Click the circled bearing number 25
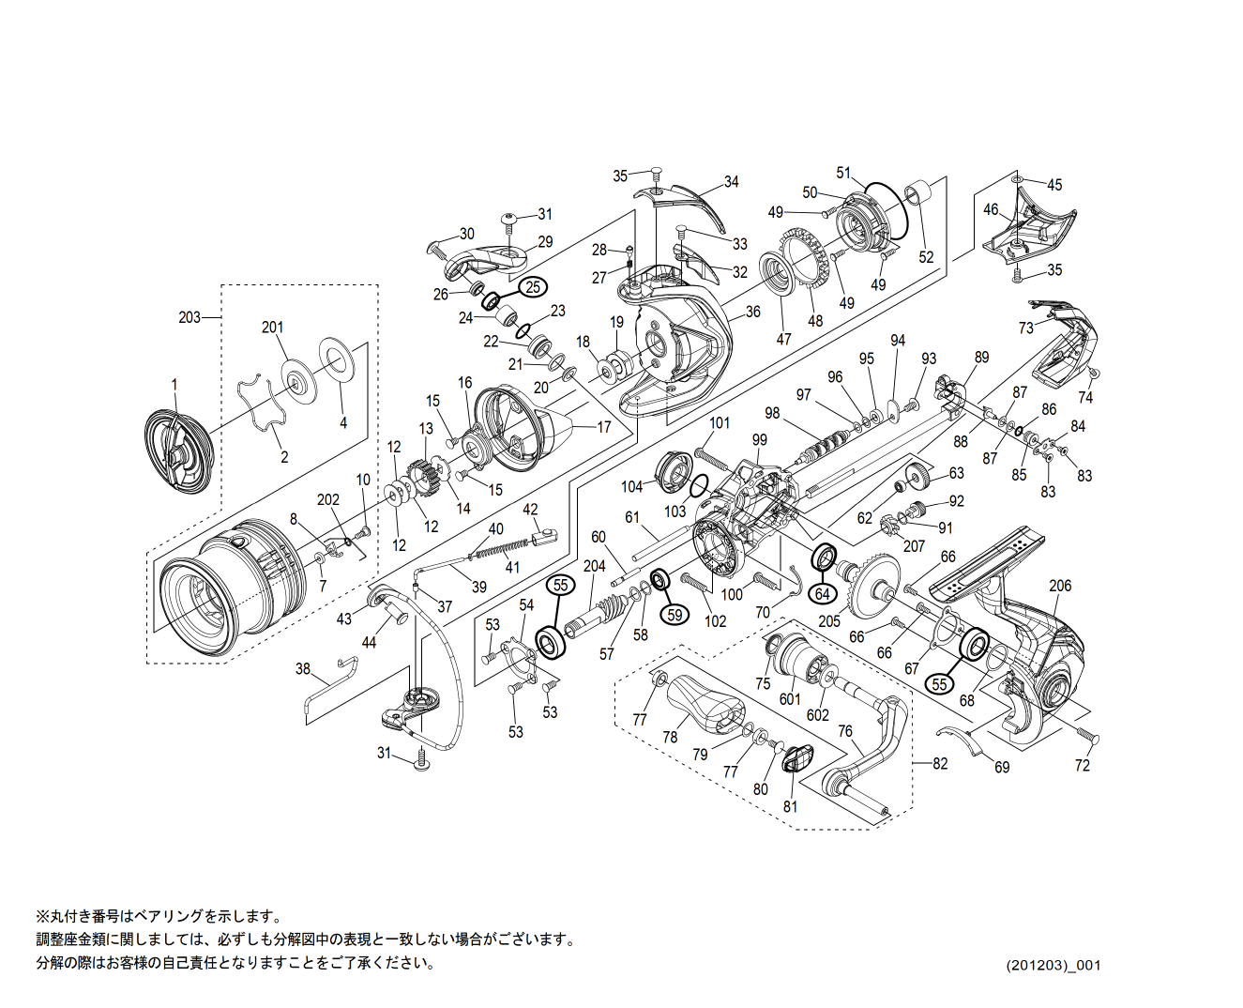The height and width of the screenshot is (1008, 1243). click(533, 287)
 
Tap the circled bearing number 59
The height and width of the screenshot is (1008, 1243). click(674, 614)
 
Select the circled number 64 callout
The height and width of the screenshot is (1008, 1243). click(823, 594)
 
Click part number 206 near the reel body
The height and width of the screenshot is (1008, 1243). click(1060, 586)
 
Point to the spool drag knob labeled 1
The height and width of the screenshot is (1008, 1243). click(179, 449)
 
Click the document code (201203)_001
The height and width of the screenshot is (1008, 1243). click(1053, 965)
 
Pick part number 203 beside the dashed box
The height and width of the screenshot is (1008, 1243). click(189, 317)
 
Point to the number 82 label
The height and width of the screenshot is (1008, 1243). click(940, 763)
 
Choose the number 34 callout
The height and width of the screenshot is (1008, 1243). click(731, 181)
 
